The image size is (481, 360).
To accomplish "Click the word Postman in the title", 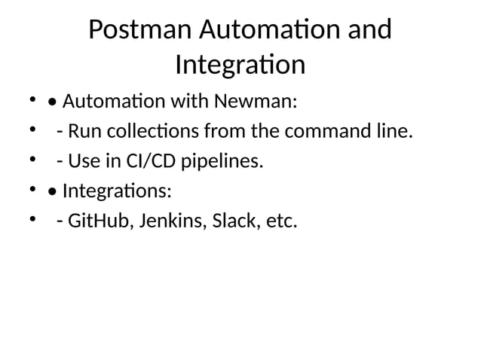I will pos(139,30).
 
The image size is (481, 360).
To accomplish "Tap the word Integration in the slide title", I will pos(240,65).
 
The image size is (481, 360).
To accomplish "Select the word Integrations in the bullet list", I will pos(117,191).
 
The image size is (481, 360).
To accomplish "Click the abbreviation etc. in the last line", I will pos(279,221).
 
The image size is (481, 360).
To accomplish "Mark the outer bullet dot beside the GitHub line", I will pos(32,221).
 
